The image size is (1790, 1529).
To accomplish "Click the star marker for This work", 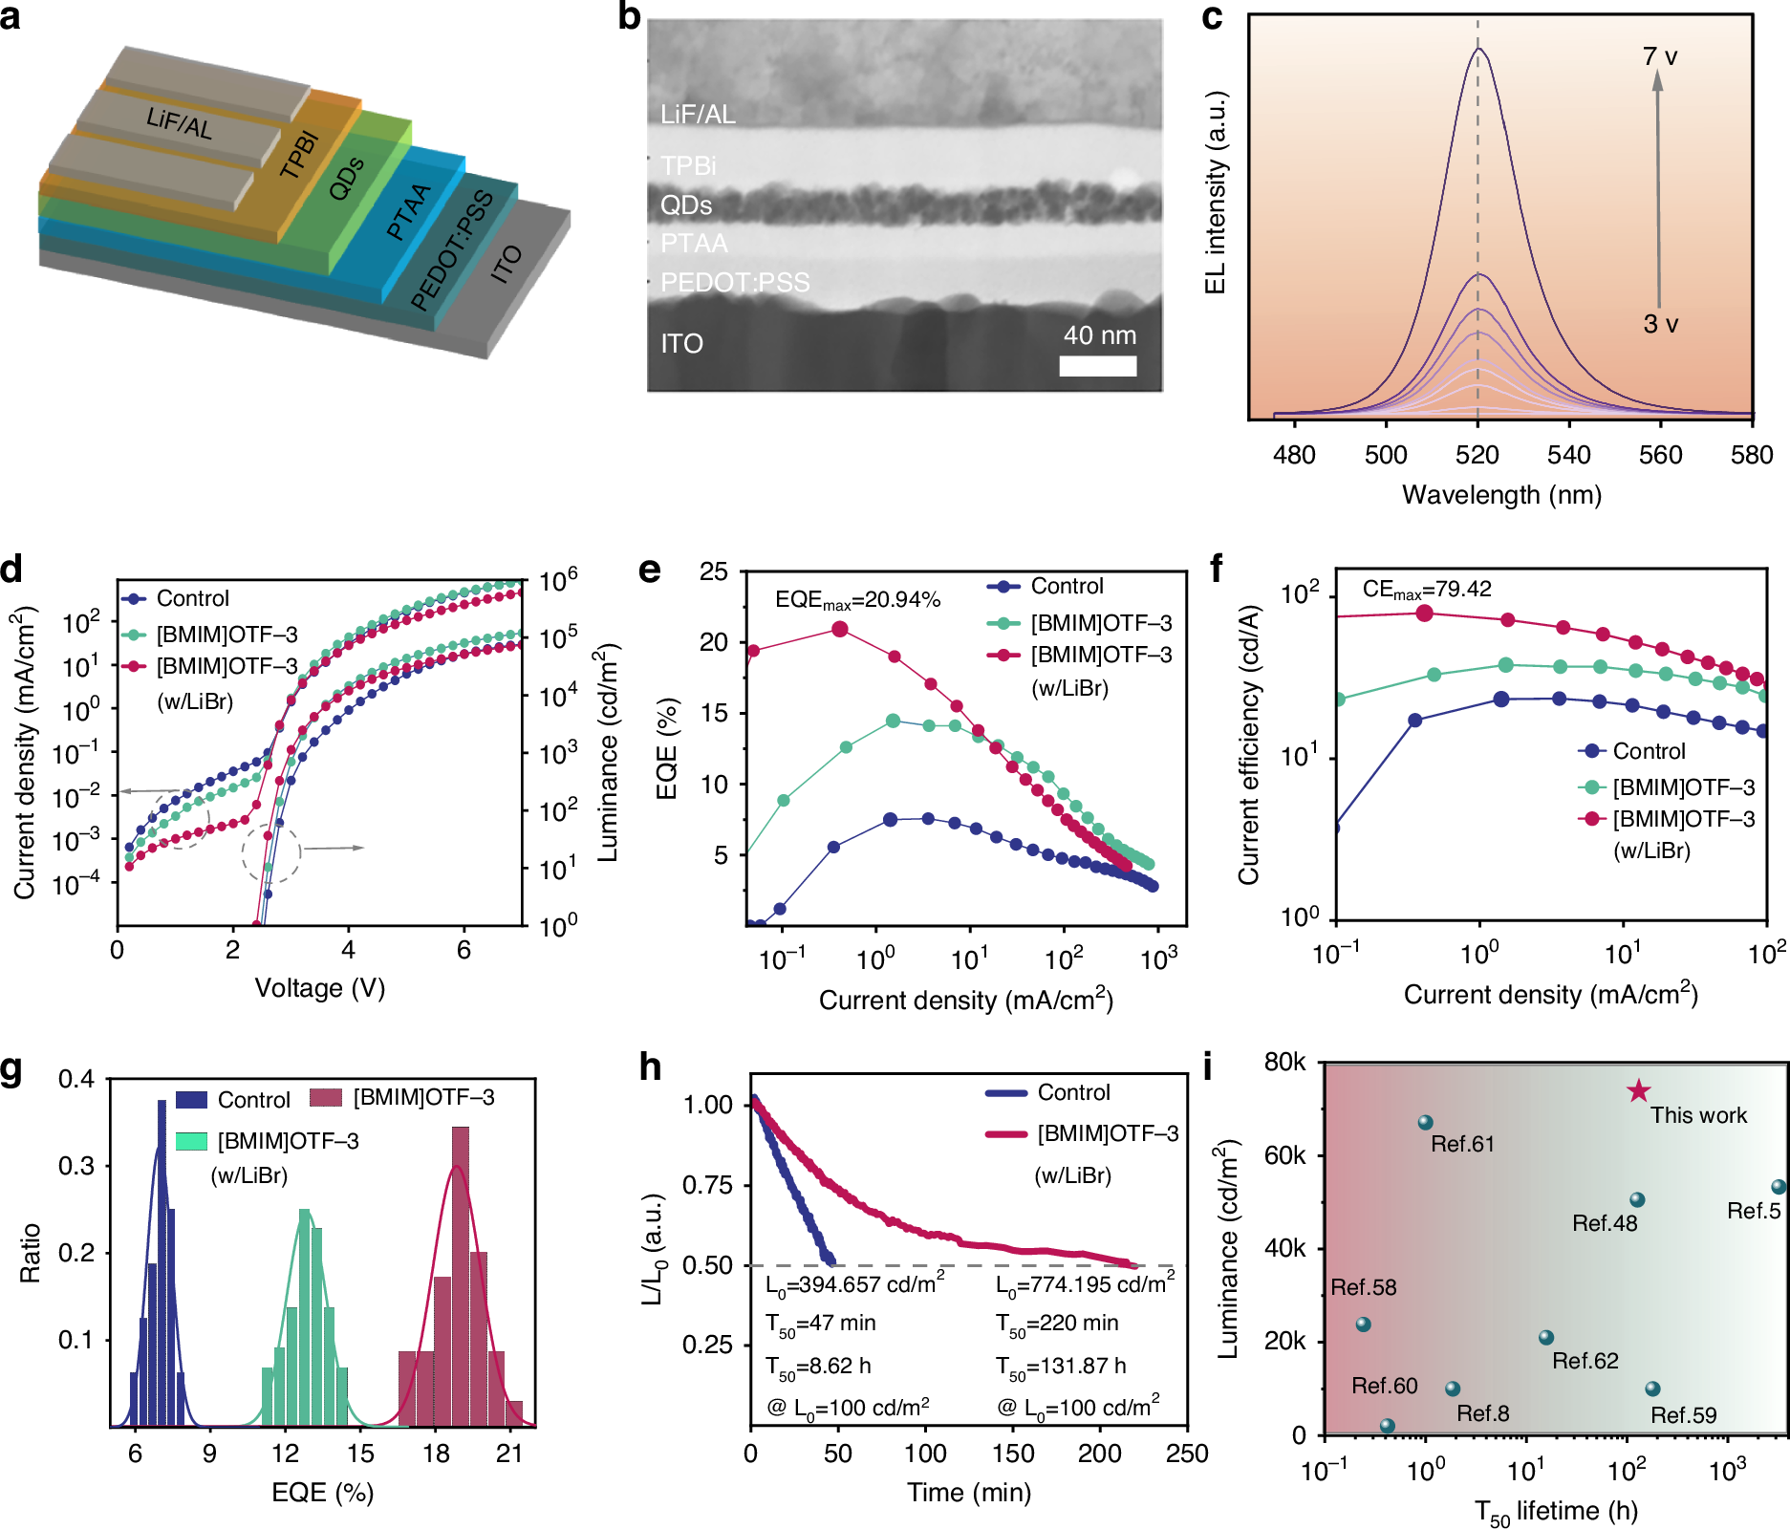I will click(x=1638, y=1090).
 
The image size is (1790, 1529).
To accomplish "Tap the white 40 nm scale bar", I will click(x=1097, y=366).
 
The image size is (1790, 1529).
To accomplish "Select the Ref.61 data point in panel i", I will click(x=1425, y=1123).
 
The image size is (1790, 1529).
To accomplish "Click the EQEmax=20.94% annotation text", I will click(x=857, y=600).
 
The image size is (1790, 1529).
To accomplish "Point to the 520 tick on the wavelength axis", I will click(x=1477, y=455).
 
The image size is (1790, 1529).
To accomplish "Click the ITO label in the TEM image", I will click(x=681, y=344).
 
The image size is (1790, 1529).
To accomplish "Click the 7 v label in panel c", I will click(x=1660, y=57).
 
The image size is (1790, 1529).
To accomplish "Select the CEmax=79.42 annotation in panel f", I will click(x=1426, y=590).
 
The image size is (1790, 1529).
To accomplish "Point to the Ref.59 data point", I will click(x=1652, y=1389).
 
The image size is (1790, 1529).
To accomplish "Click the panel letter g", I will click(x=11, y=1068).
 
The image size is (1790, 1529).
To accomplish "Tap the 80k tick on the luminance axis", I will click(x=1284, y=1063).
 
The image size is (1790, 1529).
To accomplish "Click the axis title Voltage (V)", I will click(x=319, y=988).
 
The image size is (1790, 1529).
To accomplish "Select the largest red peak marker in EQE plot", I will click(x=840, y=629).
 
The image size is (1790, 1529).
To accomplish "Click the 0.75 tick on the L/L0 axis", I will click(x=707, y=1185).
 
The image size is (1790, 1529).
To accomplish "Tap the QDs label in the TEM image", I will click(x=686, y=205).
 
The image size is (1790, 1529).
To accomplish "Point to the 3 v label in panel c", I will click(x=1660, y=325).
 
